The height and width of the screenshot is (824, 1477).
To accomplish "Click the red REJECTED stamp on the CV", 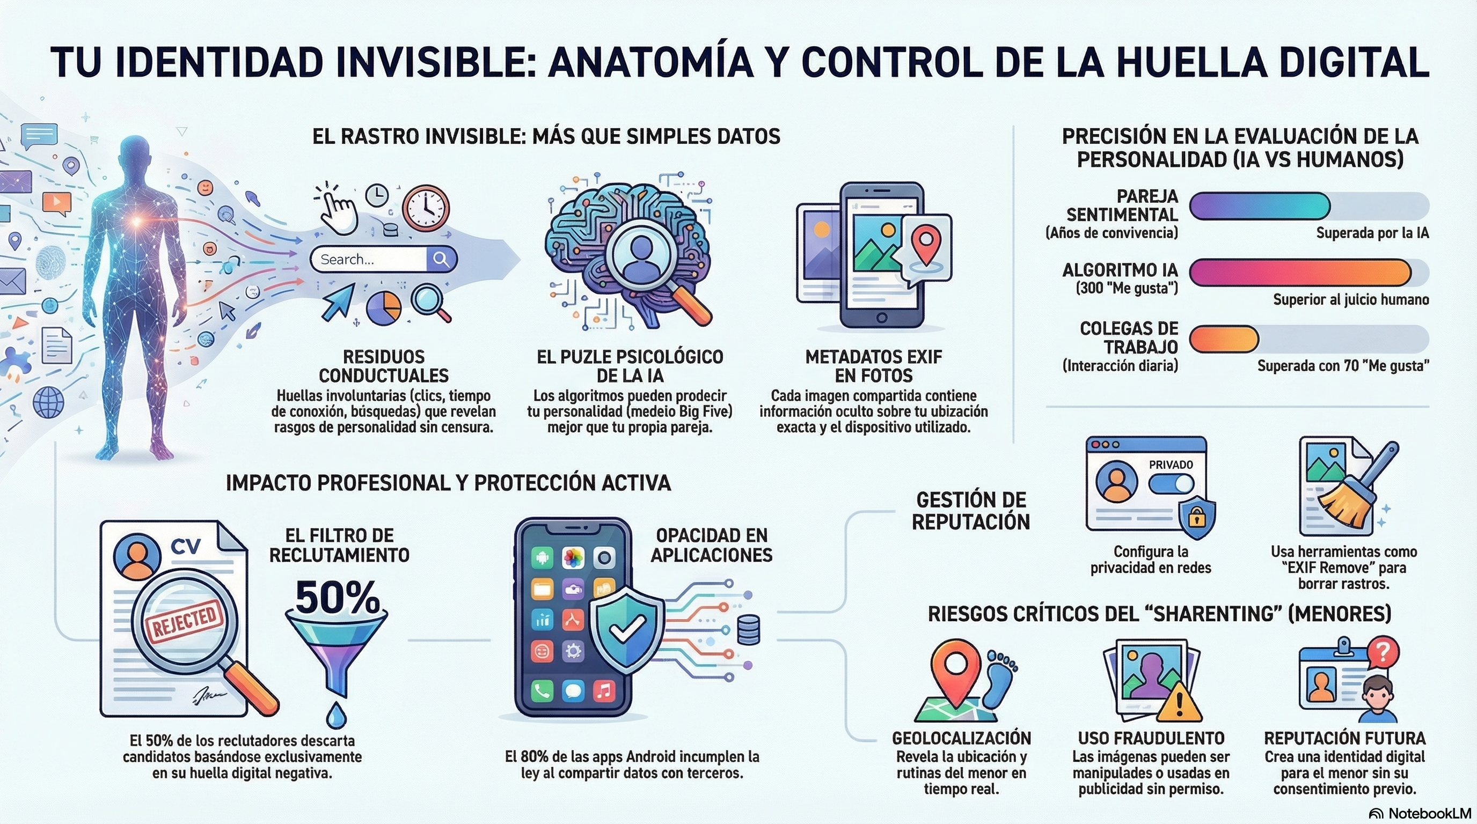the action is [x=185, y=620].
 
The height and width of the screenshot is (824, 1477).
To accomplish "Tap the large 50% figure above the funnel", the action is [x=337, y=598].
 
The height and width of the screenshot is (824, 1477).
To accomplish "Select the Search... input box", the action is [x=384, y=259].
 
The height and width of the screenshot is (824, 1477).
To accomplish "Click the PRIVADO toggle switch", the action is [x=1172, y=484].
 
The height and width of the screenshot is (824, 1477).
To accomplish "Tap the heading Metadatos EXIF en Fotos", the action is [x=873, y=366].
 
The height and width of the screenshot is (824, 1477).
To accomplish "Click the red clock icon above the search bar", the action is [x=426, y=208].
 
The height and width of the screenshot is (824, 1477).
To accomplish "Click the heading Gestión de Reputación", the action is [x=971, y=511].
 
